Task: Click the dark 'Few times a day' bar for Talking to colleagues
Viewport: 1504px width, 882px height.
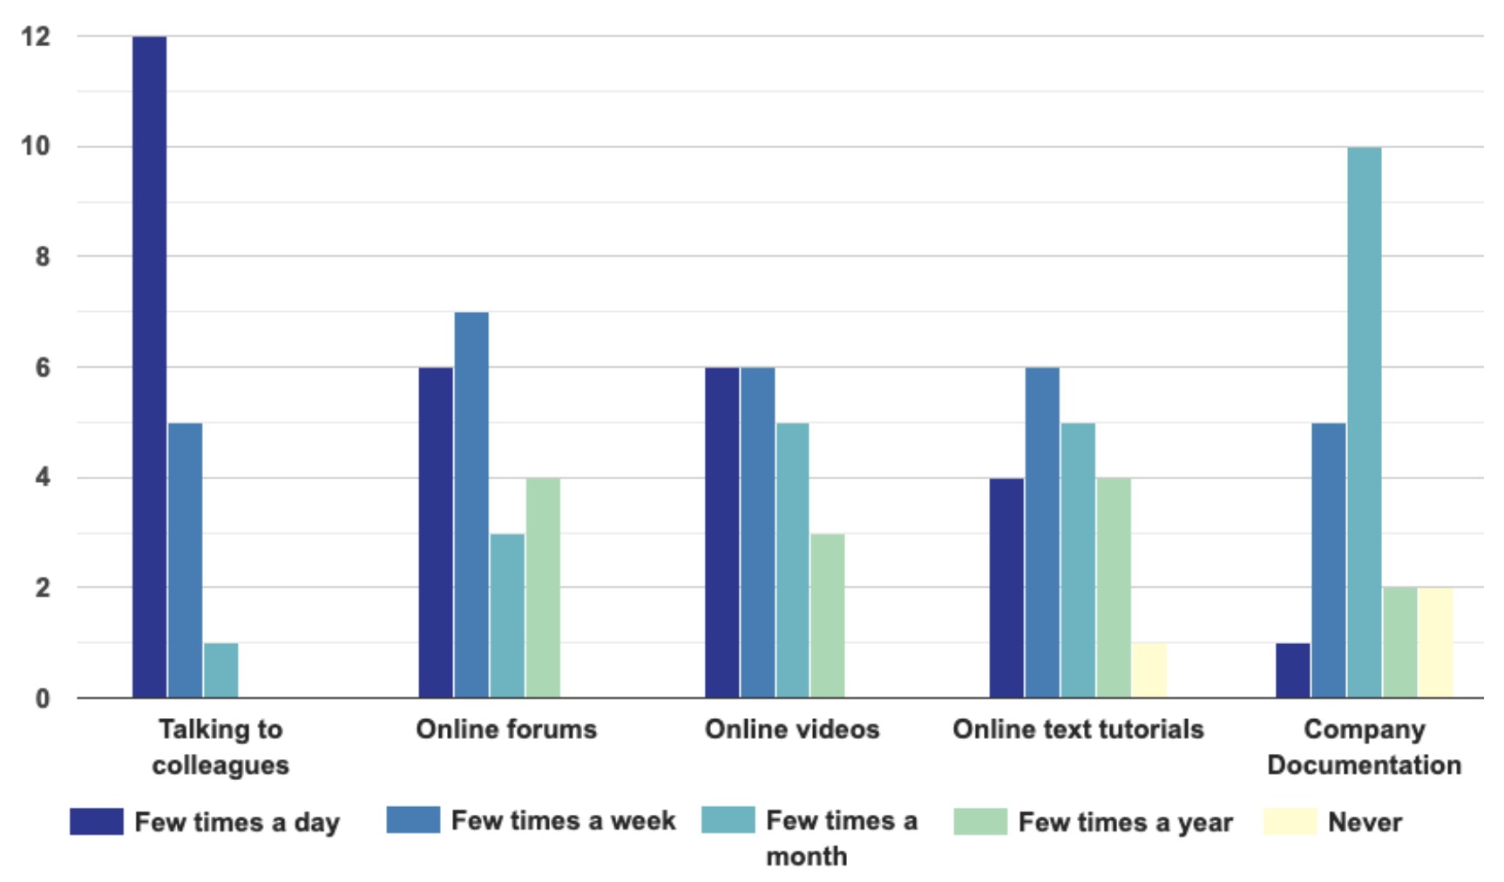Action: pyautogui.click(x=150, y=366)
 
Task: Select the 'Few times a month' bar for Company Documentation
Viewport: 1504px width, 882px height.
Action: pyautogui.click(x=1364, y=423)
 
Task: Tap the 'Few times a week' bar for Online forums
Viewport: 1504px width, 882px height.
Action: pyautogui.click(x=471, y=505)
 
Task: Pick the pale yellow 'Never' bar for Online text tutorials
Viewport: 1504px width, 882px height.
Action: pyautogui.click(x=1149, y=670)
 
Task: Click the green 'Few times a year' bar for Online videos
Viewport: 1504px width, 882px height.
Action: pyautogui.click(x=827, y=615)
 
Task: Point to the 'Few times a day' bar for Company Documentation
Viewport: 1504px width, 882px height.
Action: pyautogui.click(x=1292, y=670)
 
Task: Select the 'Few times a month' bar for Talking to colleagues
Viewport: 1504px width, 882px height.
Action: pyautogui.click(x=220, y=670)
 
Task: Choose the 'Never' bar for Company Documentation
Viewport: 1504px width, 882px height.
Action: pyautogui.click(x=1435, y=643)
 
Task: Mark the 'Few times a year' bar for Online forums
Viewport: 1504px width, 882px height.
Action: pyautogui.click(x=543, y=587)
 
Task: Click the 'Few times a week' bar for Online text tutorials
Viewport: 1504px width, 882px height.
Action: pyautogui.click(x=1042, y=533)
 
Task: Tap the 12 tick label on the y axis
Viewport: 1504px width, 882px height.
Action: pyautogui.click(x=37, y=37)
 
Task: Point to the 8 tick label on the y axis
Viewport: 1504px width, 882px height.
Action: pyautogui.click(x=42, y=257)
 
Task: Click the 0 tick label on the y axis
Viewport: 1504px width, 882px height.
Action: pyautogui.click(x=42, y=698)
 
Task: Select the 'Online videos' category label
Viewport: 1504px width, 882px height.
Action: pyautogui.click(x=792, y=729)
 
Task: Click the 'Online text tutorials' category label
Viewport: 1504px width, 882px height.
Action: pyautogui.click(x=1078, y=729)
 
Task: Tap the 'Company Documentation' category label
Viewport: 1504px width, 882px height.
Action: pyautogui.click(x=1364, y=747)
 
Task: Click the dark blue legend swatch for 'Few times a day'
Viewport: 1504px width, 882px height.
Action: pyautogui.click(x=97, y=822)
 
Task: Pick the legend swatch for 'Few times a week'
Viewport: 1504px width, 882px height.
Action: pyautogui.click(x=413, y=820)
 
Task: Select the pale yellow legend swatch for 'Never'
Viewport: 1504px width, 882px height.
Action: pyautogui.click(x=1290, y=822)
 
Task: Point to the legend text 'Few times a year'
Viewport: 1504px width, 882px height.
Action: pyautogui.click(x=1125, y=822)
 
